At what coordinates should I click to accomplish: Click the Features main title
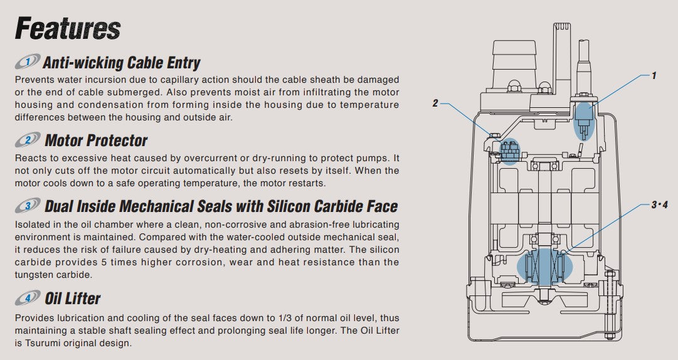[67, 29]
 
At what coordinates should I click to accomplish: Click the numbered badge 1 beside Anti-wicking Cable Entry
[27, 62]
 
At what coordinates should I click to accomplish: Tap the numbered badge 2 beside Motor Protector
[27, 139]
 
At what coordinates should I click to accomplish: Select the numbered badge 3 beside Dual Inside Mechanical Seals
[27, 206]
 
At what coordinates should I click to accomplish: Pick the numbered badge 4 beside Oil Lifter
[27, 298]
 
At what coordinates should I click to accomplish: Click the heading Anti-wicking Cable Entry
[121, 62]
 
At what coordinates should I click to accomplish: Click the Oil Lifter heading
[73, 298]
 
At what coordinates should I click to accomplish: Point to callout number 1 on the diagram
[654, 75]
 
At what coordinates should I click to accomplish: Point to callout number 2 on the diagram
[435, 103]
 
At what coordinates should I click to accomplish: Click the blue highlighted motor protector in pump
[510, 151]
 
